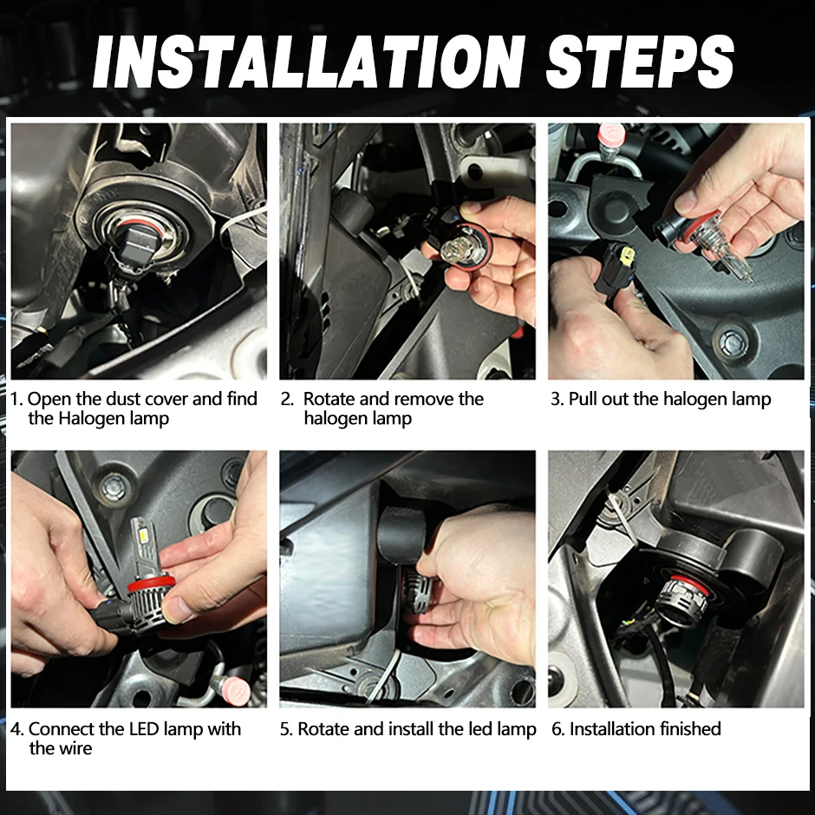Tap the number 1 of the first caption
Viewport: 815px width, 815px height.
(16, 399)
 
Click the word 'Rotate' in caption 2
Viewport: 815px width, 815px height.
(329, 399)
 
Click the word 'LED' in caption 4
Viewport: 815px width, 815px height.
(143, 728)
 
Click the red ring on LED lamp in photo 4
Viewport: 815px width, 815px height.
(148, 584)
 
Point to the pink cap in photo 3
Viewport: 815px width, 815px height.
(611, 134)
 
